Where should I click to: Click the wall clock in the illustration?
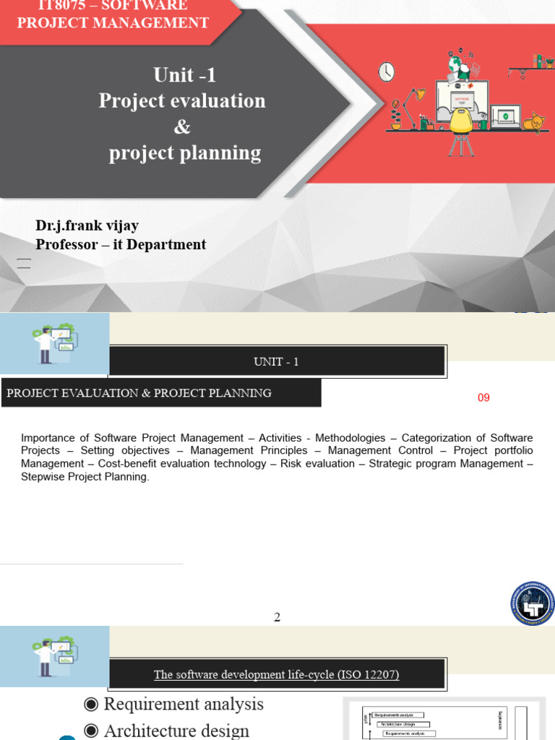tap(387, 72)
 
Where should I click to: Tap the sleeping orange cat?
tap(533, 122)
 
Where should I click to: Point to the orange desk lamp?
tap(415, 101)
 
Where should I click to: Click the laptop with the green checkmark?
tap(504, 116)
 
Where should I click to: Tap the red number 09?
tap(483, 397)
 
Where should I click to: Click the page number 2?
tap(277, 617)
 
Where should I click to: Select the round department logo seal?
tap(533, 603)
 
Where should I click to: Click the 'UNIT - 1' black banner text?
tap(276, 361)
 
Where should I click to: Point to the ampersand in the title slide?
tap(182, 126)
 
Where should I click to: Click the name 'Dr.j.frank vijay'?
tap(87, 225)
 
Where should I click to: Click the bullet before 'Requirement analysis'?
tap(90, 705)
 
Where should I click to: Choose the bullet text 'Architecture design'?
tap(176, 731)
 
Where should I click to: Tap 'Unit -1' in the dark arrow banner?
tap(184, 75)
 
